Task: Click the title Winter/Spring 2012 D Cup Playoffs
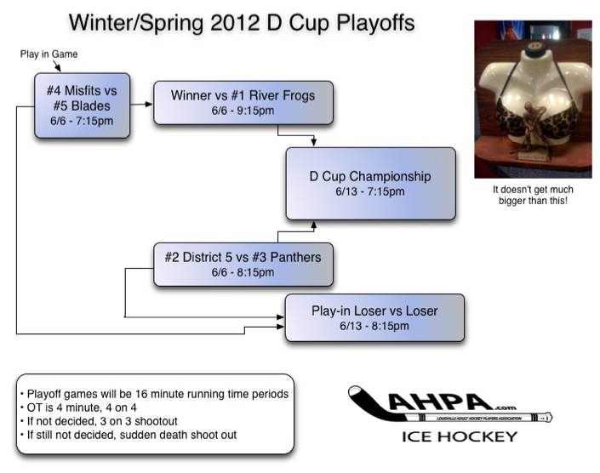point(241,22)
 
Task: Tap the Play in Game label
point(49,54)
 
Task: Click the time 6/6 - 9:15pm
point(243,111)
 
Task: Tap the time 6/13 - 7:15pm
point(370,192)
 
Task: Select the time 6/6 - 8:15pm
point(243,272)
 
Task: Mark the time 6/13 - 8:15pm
point(374,326)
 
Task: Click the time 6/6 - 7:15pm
point(82,121)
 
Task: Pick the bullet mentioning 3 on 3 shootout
point(101,422)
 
